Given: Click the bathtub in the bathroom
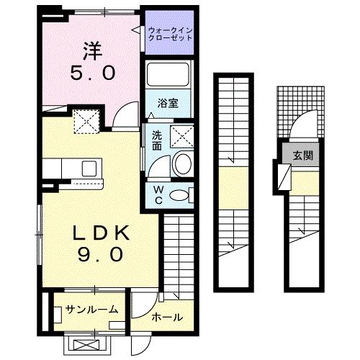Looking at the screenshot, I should click(168, 75).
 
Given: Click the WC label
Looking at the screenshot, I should click(157, 194).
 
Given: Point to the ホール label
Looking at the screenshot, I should click(166, 317).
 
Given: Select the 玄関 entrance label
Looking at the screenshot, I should click(302, 156).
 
